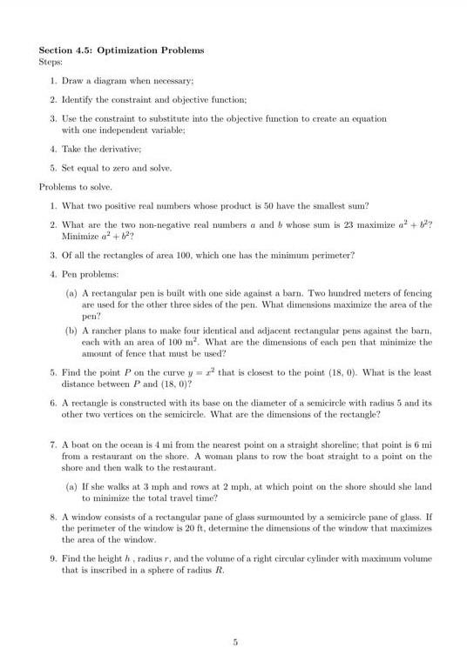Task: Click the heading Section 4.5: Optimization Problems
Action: coord(122,50)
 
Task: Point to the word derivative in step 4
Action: coord(118,149)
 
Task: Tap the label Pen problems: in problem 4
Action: coord(90,274)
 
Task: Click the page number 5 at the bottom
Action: coord(235,643)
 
